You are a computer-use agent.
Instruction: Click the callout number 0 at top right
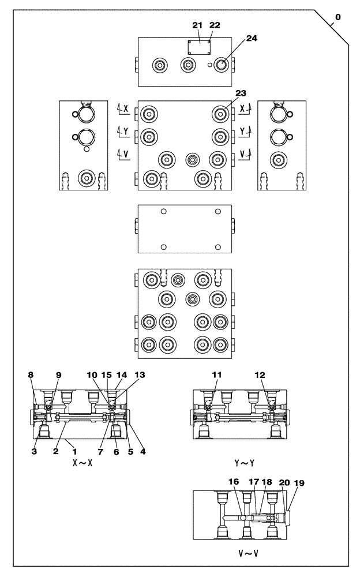click(337, 17)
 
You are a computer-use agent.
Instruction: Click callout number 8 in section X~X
click(31, 374)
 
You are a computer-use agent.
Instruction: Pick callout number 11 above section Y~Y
click(216, 374)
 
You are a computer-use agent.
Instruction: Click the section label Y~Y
click(245, 463)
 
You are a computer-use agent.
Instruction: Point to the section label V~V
click(245, 552)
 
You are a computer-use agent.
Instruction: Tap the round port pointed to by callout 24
click(220, 66)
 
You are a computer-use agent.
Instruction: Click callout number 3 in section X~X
click(34, 452)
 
